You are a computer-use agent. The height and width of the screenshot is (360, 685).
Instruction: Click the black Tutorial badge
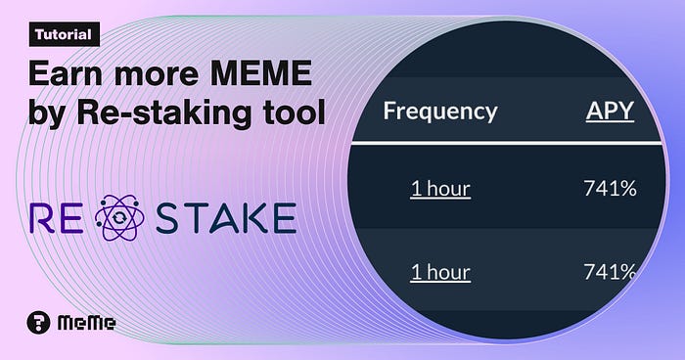(x=65, y=34)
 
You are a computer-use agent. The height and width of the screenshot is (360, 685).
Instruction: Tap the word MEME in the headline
(x=261, y=72)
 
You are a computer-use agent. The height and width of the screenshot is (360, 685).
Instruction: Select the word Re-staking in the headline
(x=164, y=113)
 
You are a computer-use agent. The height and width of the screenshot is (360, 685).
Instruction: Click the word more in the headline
(x=157, y=75)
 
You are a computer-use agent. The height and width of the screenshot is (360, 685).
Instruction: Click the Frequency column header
(x=440, y=112)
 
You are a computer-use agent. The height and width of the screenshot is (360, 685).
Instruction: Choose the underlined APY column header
(x=610, y=111)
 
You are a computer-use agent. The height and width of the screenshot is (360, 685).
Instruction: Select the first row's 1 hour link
(x=440, y=189)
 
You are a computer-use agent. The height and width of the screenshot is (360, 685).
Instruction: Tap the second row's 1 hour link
(x=440, y=272)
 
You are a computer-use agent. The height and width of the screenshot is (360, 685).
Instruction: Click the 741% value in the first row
(x=611, y=189)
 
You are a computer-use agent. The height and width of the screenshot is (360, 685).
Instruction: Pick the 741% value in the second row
(x=611, y=272)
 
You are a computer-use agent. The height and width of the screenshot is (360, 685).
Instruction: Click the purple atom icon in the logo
(x=119, y=217)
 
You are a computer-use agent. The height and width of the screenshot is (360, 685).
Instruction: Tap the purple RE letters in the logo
(x=57, y=217)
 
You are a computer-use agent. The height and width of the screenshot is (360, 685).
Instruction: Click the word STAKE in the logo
(x=226, y=217)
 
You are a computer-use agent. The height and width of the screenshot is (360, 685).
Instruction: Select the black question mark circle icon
(x=38, y=323)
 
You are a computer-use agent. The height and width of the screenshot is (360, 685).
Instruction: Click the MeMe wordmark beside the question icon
(x=86, y=323)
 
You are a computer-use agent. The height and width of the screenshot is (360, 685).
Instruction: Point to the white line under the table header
(x=507, y=143)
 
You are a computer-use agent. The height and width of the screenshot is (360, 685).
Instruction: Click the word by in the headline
(x=48, y=113)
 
